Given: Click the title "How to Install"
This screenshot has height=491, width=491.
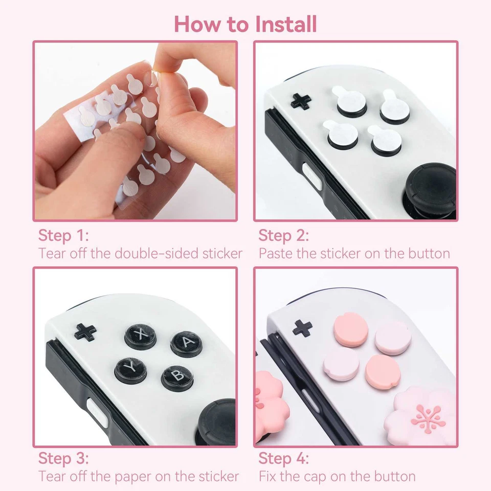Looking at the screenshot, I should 245,24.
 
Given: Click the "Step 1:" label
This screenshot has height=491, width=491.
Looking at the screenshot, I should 63,236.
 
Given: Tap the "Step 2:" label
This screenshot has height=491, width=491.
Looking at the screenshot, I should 284,236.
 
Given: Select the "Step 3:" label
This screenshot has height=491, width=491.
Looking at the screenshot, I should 63,458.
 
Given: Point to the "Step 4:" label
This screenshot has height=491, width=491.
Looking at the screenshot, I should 284,458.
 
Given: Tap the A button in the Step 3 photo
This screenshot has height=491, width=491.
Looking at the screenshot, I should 186,343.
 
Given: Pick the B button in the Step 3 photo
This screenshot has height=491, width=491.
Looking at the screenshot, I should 177,376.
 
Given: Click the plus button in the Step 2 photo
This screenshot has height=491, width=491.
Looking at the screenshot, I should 301,101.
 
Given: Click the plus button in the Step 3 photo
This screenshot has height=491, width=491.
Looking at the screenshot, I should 85,332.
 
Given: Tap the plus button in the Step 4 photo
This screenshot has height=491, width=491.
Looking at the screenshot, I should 302,328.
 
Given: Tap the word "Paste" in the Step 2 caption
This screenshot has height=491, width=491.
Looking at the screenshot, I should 276,253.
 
